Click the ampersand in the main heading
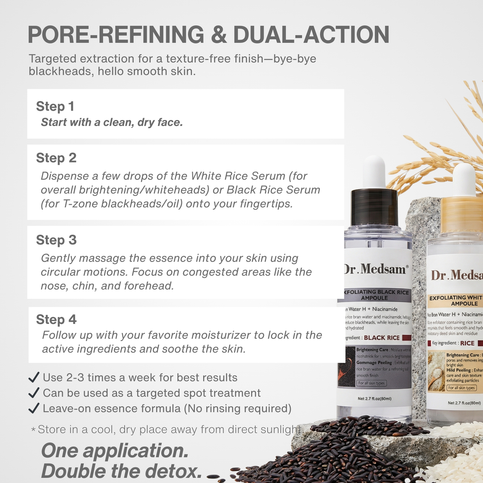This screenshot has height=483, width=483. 219,35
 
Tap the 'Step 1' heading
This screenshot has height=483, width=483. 55,106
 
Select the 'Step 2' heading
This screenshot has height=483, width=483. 56,158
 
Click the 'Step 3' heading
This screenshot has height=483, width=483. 56,240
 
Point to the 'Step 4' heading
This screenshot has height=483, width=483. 56,320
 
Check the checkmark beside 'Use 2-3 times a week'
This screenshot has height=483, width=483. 34,377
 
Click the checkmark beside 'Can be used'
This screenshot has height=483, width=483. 34,393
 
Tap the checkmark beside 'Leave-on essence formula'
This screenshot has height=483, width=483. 34,408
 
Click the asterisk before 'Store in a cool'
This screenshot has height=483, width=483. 33,429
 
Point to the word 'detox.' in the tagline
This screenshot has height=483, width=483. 173,471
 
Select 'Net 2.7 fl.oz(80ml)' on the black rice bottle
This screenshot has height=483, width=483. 374,398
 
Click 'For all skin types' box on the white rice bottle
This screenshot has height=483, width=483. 461,388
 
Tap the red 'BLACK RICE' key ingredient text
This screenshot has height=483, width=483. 382,338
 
